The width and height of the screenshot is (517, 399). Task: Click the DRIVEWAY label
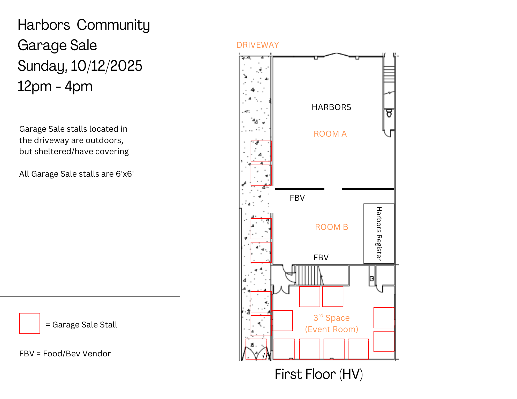[x=258, y=45]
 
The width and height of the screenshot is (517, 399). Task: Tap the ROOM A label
[x=330, y=134]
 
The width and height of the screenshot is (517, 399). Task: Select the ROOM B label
[x=332, y=227]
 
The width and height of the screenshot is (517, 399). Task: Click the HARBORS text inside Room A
[x=331, y=107]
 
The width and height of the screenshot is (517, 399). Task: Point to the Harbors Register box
[x=379, y=233]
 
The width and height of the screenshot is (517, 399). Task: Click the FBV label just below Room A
[x=297, y=198]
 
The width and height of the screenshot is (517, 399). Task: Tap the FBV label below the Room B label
[x=321, y=257]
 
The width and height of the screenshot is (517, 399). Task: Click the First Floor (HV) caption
[x=319, y=374]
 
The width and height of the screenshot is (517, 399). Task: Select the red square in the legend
[x=29, y=323]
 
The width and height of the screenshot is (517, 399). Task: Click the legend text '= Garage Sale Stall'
[x=81, y=325]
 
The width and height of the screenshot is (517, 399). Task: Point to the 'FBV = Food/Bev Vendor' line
[x=65, y=354]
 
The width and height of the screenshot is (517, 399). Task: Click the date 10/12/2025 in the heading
[x=106, y=66]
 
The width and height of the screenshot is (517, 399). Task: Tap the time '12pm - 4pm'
[x=55, y=86]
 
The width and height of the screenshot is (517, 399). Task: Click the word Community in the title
[x=113, y=25]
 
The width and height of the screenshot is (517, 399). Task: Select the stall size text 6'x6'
[x=125, y=174]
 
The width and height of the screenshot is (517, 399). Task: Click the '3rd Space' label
[x=332, y=318]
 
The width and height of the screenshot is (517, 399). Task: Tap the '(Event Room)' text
[x=332, y=329]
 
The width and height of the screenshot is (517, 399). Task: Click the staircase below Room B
[x=309, y=275]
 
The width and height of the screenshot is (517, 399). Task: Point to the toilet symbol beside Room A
[x=389, y=113]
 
